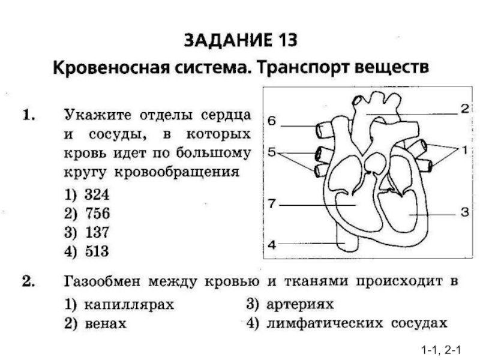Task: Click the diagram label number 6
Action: (272, 121)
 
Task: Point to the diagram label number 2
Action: (464, 109)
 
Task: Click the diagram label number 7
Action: (272, 204)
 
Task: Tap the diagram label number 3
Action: (464, 212)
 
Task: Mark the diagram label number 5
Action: (272, 152)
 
